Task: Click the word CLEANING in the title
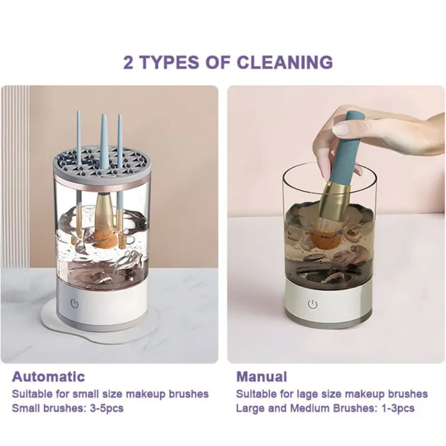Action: click(x=285, y=62)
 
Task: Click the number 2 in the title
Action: click(x=128, y=62)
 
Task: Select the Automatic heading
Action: click(x=48, y=377)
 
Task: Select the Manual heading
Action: click(x=261, y=377)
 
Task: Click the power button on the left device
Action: click(x=75, y=303)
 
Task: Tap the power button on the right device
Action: click(x=313, y=304)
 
